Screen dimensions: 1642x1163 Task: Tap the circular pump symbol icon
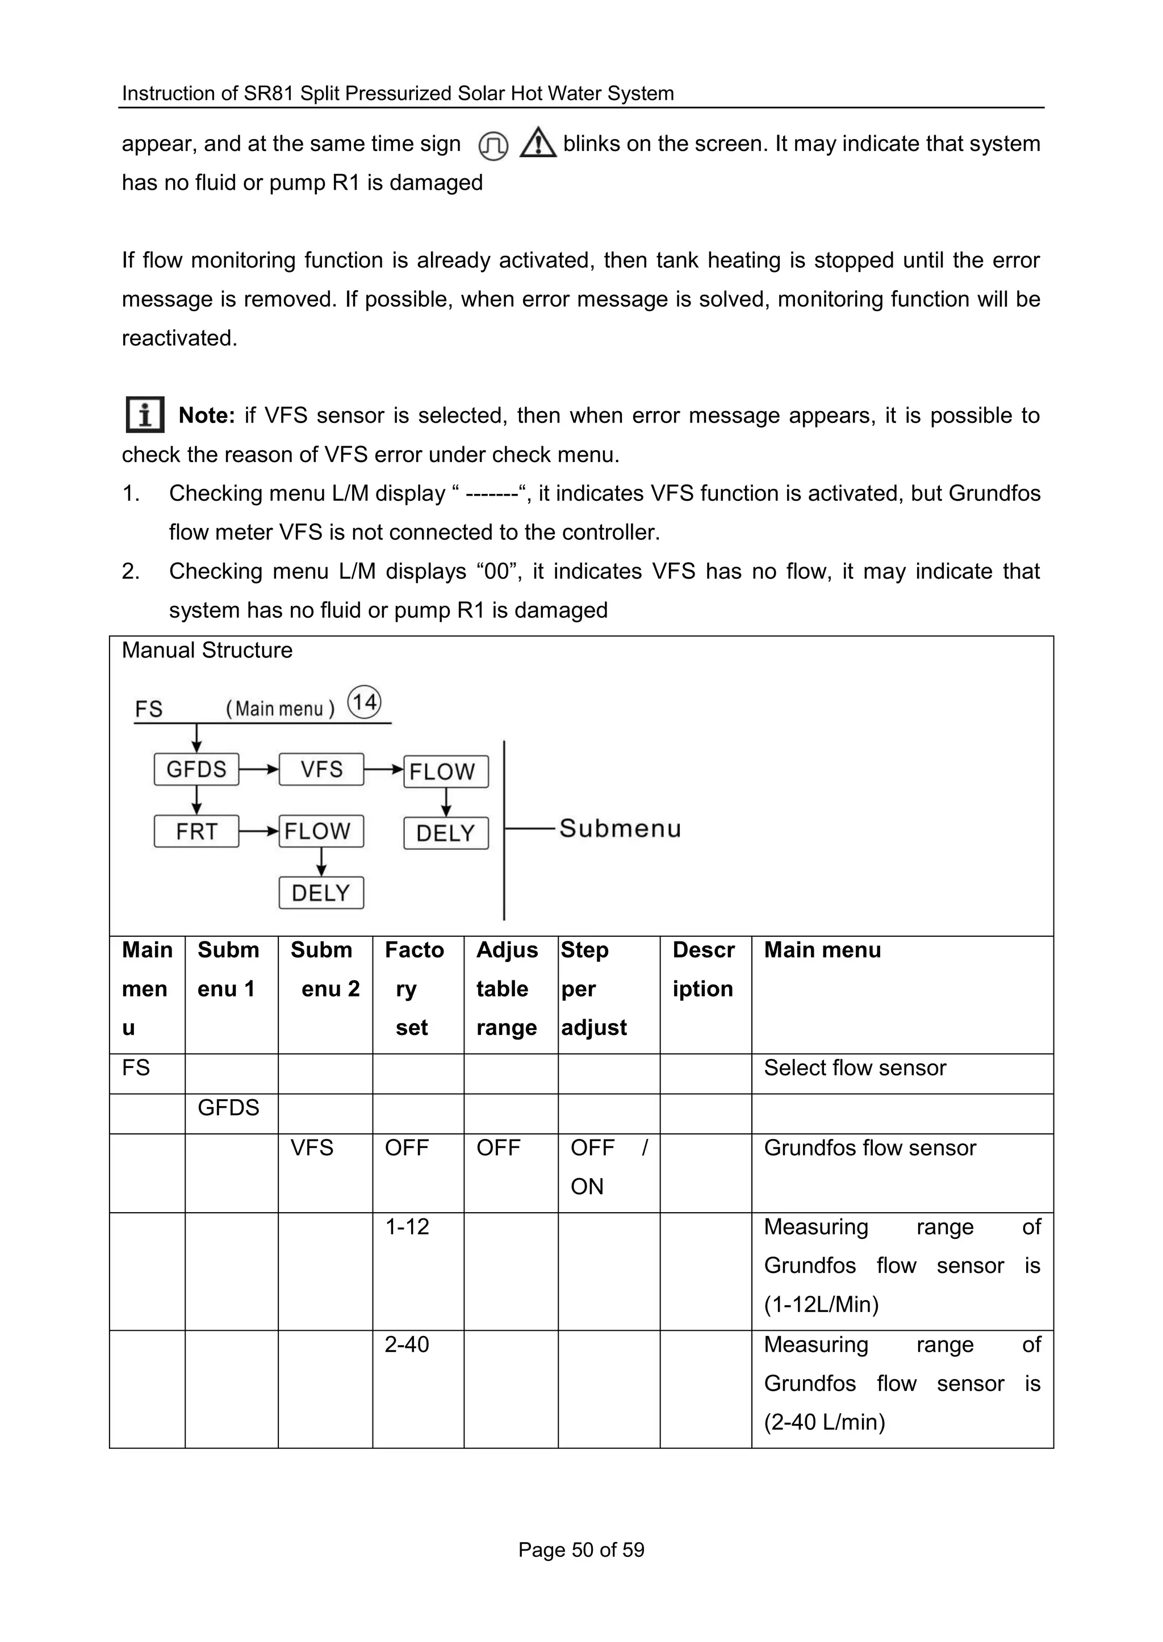(x=493, y=146)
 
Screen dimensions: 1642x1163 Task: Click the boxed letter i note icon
(x=145, y=414)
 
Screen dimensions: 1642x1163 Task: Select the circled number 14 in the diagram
(x=365, y=702)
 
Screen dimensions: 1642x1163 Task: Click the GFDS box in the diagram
(x=196, y=769)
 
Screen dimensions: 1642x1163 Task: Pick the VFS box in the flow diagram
(x=321, y=769)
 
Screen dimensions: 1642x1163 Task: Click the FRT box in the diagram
(x=196, y=831)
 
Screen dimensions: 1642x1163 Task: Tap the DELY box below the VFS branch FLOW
(x=445, y=833)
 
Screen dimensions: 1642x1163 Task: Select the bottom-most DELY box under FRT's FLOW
(x=321, y=893)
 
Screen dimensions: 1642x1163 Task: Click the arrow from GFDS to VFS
(x=258, y=770)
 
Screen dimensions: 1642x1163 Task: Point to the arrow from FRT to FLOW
(x=258, y=831)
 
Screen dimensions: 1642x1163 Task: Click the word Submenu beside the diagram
(x=620, y=828)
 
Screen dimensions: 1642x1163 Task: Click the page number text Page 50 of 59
(x=581, y=1549)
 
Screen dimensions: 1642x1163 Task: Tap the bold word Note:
(x=206, y=416)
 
